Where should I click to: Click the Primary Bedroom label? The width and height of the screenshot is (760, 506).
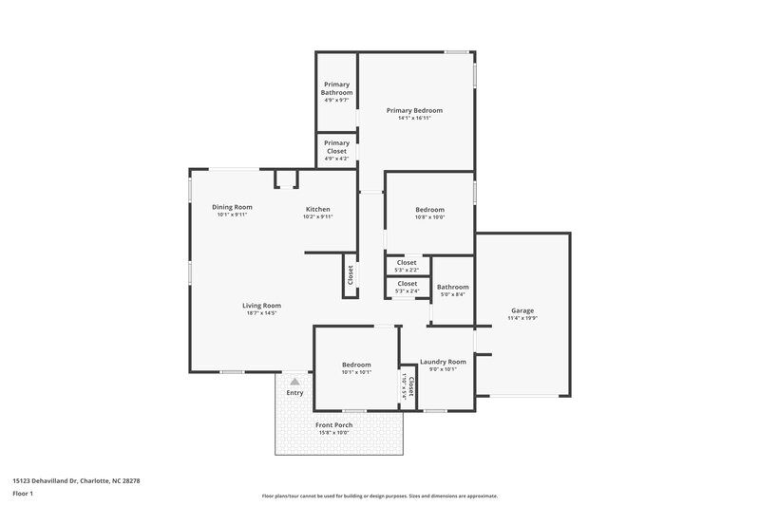(x=414, y=110)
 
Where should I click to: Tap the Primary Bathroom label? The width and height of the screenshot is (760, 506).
(x=336, y=88)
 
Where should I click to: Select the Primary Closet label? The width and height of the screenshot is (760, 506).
(x=336, y=146)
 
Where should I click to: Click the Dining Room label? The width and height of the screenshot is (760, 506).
(x=232, y=207)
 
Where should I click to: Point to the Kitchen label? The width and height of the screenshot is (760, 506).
(x=317, y=209)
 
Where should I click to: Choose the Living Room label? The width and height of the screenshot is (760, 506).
(x=261, y=305)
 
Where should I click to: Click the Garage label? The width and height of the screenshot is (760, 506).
(x=522, y=310)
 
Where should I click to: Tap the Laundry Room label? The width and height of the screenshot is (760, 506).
(x=443, y=362)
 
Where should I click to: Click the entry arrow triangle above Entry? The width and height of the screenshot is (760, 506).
(x=294, y=382)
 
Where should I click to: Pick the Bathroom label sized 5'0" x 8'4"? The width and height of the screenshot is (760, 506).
(x=452, y=287)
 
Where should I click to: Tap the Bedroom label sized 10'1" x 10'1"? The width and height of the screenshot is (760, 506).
(x=356, y=365)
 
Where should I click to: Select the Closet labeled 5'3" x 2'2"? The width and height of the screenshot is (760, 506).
(x=407, y=262)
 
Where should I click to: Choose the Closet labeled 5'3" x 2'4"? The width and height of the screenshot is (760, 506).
(x=407, y=283)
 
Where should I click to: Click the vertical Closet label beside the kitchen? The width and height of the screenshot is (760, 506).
(x=350, y=274)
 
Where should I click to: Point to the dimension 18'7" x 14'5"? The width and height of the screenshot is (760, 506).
(x=261, y=312)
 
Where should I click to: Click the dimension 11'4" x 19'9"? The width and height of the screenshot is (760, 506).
(x=522, y=318)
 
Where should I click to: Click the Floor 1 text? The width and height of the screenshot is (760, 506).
(x=23, y=494)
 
